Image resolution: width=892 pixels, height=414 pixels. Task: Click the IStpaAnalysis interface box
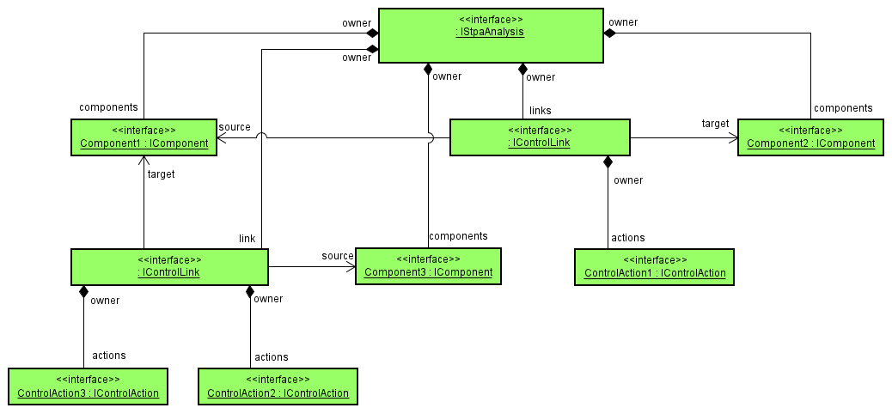pyautogui.click(x=490, y=35)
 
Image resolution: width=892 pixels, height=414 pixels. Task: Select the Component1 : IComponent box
pyautogui.click(x=144, y=137)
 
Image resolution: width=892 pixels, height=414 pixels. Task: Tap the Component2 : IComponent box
pyautogui.click(x=810, y=137)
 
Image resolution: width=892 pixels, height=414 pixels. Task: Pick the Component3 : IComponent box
pyautogui.click(x=428, y=266)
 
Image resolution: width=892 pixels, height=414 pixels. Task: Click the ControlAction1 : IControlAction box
pyautogui.click(x=655, y=267)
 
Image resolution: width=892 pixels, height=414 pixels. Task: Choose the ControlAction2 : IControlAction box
pyautogui.click(x=278, y=387)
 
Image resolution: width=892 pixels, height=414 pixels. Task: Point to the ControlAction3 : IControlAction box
pyautogui.click(x=88, y=387)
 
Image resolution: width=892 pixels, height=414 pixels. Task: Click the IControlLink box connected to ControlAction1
pyautogui.click(x=540, y=137)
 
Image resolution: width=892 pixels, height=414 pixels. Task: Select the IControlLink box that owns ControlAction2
pyautogui.click(x=169, y=267)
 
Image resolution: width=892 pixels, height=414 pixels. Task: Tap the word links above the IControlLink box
pyautogui.click(x=541, y=111)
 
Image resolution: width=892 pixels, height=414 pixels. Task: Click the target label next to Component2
pyautogui.click(x=715, y=124)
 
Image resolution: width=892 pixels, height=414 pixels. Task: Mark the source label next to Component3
pyautogui.click(x=338, y=256)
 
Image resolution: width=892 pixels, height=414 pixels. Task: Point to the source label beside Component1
pyautogui.click(x=235, y=127)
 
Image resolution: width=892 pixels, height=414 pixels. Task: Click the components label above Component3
pyautogui.click(x=458, y=236)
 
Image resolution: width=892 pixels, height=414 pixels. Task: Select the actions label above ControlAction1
pyautogui.click(x=627, y=238)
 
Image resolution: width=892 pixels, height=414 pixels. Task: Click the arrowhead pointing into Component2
pyautogui.click(x=733, y=137)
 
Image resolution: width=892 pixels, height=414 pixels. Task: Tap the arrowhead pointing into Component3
pyautogui.click(x=351, y=267)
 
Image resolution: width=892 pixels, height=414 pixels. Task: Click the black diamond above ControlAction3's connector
pyautogui.click(x=83, y=292)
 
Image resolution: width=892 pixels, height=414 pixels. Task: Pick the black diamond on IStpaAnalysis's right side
pyautogui.click(x=610, y=33)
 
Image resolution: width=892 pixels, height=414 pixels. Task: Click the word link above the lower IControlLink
pyautogui.click(x=247, y=237)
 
